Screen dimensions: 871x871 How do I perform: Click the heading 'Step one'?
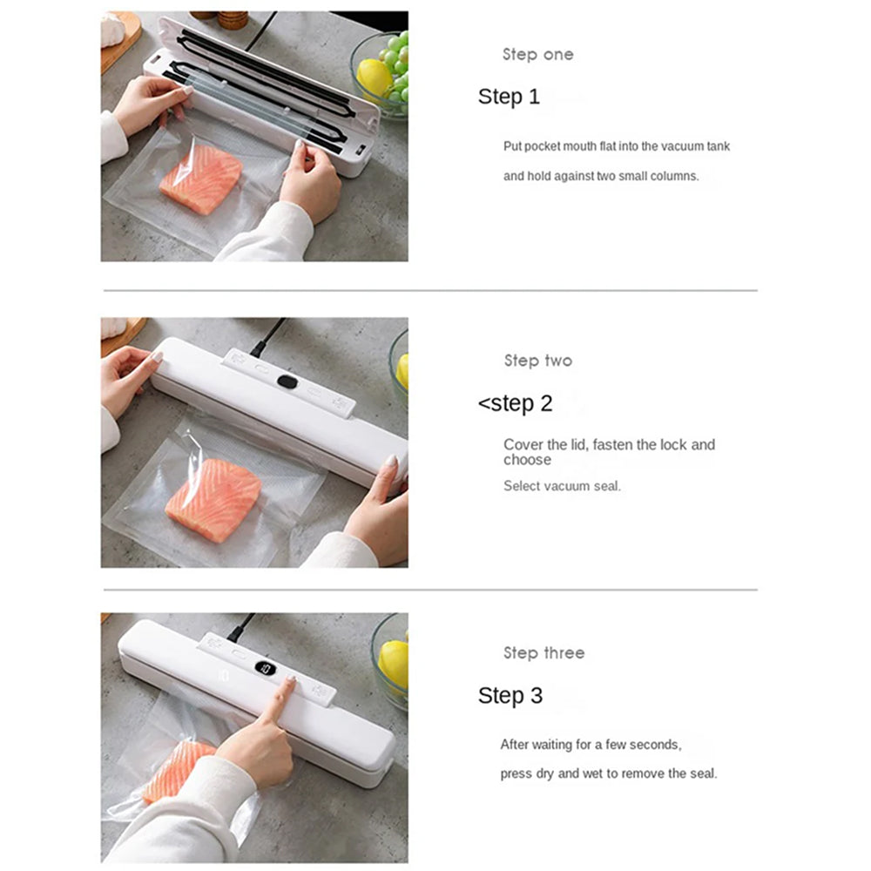[x=537, y=54]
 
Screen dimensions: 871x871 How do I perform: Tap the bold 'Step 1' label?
[x=509, y=97]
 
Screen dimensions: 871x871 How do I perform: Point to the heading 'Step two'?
[x=537, y=361]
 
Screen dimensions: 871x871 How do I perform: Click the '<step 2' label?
[x=515, y=403]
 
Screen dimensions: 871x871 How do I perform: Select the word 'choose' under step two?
[x=527, y=460]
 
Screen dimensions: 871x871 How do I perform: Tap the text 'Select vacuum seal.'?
[x=562, y=486]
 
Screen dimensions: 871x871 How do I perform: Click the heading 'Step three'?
[x=544, y=652]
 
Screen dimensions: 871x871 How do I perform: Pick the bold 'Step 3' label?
[x=510, y=695]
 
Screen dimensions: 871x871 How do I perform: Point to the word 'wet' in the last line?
[x=592, y=773]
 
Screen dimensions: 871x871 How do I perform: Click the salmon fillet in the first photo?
[x=201, y=179]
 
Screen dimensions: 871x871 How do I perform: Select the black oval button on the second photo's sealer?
[x=287, y=381]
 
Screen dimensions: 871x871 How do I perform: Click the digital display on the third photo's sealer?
[x=266, y=668]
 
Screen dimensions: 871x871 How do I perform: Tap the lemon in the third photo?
[x=394, y=664]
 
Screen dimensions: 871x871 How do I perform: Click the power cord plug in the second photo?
[x=260, y=348]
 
